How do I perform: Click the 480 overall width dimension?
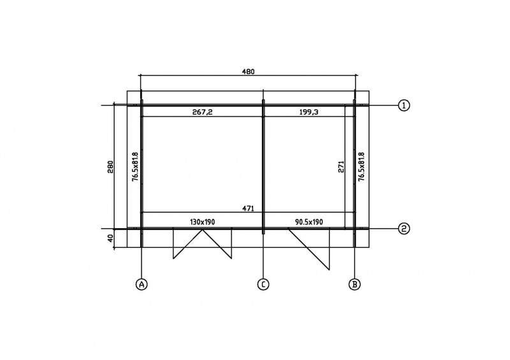248,71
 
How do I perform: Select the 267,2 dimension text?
202,112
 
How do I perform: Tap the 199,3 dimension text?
309,112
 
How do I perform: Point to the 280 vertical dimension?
110,167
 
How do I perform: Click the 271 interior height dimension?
341,166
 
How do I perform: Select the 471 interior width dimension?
248,208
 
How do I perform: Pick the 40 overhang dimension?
110,238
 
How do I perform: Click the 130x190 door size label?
202,222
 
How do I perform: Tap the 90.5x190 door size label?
309,222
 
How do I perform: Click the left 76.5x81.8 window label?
135,166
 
